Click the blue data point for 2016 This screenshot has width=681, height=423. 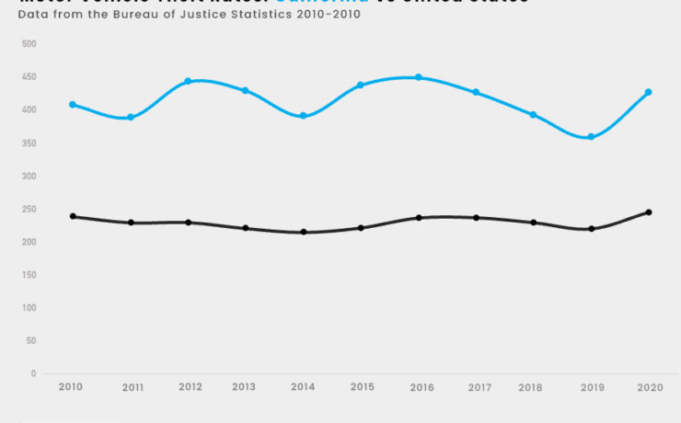tap(419, 77)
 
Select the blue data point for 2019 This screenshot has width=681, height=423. tap(591, 137)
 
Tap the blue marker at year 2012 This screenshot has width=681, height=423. tap(188, 81)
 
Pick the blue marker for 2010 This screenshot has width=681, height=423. tap(73, 105)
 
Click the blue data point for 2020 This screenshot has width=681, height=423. tap(649, 92)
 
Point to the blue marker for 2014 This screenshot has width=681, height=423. tap(303, 116)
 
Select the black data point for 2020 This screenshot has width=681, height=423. tap(649, 212)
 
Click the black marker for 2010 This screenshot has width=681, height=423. tap(73, 216)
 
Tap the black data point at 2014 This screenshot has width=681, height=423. tap(303, 232)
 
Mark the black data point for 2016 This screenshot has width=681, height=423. tap(419, 218)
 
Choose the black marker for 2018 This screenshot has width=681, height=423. tap(534, 223)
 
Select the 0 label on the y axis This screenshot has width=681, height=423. tap(33, 374)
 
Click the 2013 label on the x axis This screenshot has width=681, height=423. tap(245, 387)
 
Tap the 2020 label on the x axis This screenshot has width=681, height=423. tap(649, 387)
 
